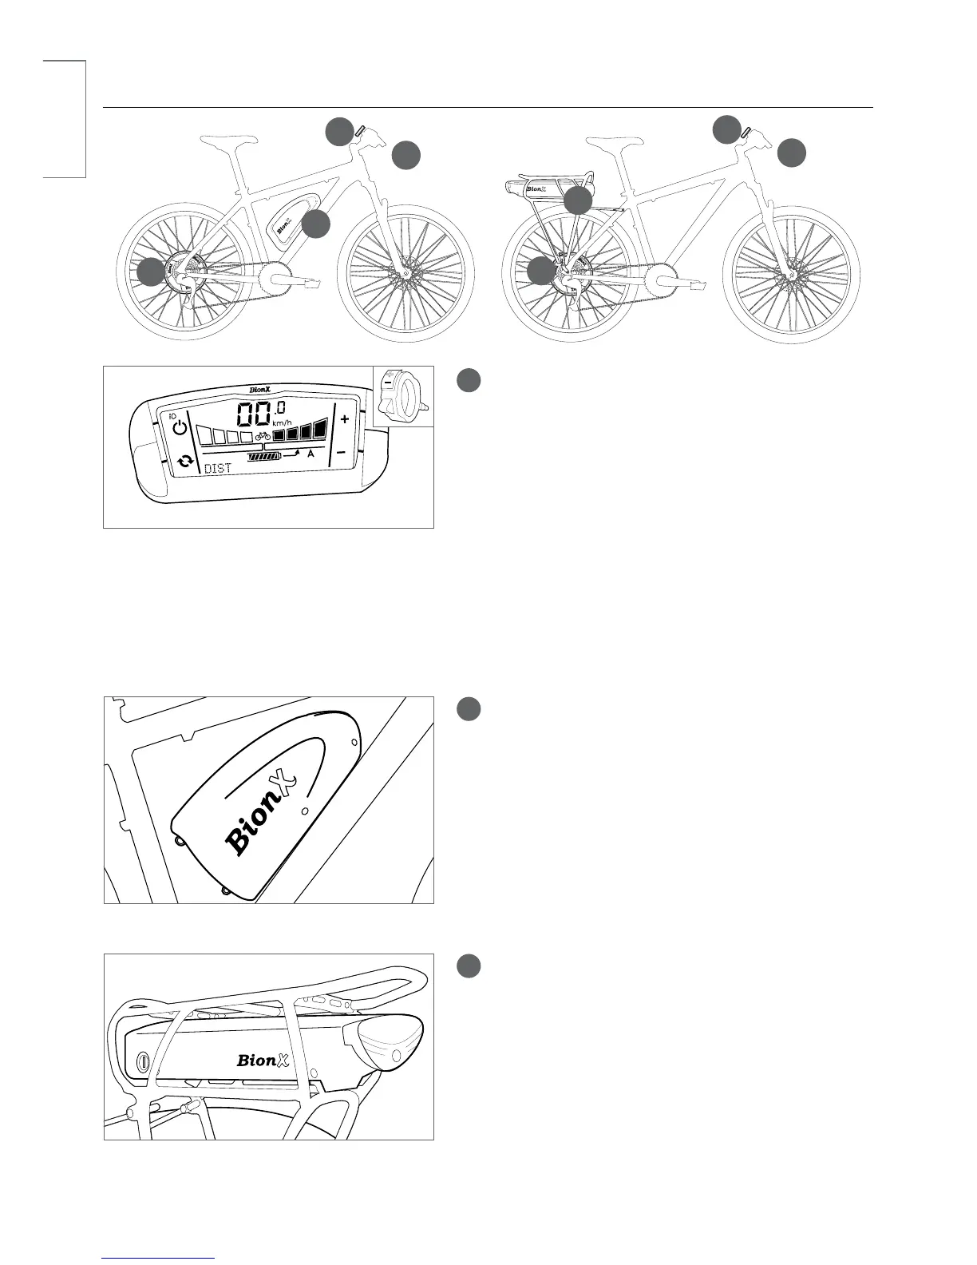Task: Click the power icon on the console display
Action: tap(180, 428)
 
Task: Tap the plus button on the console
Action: tap(345, 419)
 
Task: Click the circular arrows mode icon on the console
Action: tap(185, 462)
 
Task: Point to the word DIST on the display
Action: tap(218, 469)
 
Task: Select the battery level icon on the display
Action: tap(265, 457)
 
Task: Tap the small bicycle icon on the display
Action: tap(263, 437)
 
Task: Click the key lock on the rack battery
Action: tap(143, 1061)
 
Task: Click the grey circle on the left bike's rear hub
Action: tap(150, 272)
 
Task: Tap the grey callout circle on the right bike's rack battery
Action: tap(578, 200)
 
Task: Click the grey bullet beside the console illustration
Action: tap(469, 380)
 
